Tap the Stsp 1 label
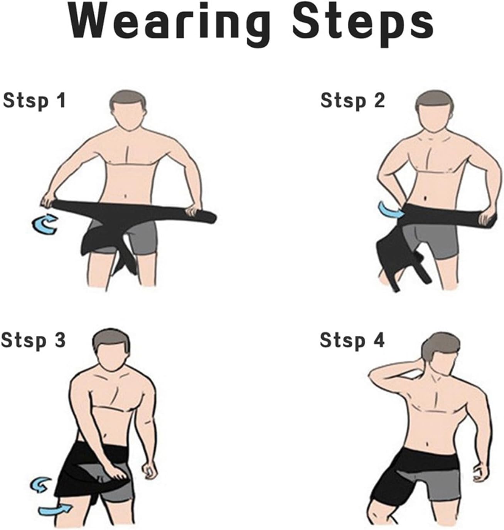click(34, 101)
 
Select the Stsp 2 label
click(352, 101)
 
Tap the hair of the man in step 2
click(433, 101)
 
